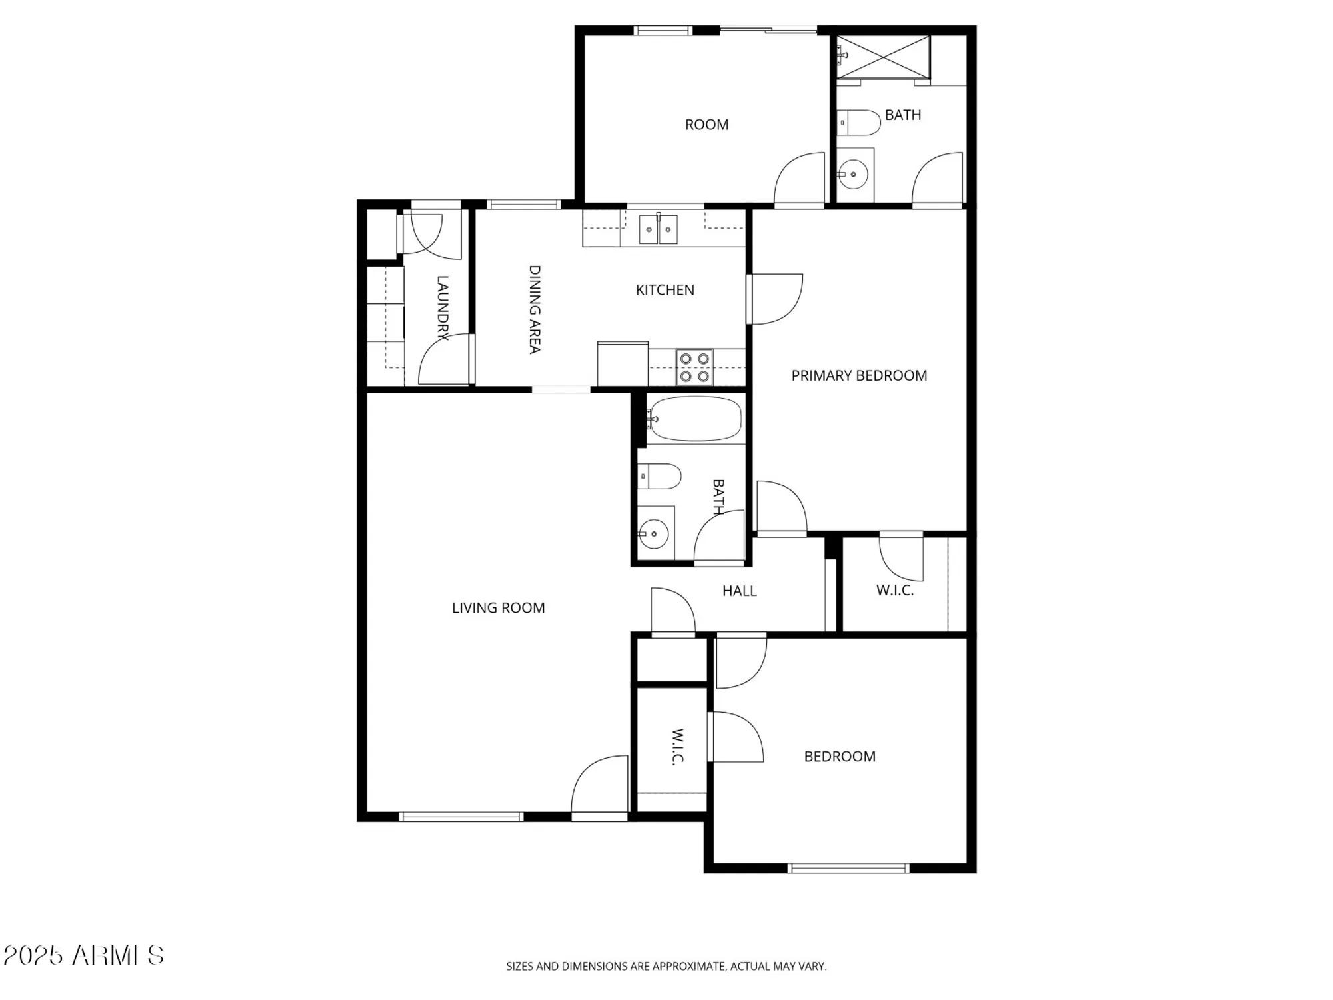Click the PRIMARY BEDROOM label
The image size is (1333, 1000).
click(x=859, y=375)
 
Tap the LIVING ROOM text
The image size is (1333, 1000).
click(x=498, y=607)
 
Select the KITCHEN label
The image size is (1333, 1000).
click(x=665, y=290)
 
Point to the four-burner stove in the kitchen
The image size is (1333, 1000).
click(x=694, y=367)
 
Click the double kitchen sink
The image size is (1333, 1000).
click(x=659, y=229)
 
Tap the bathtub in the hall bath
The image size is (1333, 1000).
click(x=695, y=419)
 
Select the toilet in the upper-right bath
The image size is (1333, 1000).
click(x=859, y=123)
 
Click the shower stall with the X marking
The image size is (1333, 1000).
click(x=883, y=57)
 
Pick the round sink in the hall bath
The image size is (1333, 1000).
click(x=654, y=534)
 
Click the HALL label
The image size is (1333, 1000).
click(x=739, y=591)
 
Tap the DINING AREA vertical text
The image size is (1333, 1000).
click(x=535, y=309)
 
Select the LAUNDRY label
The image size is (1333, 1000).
click(x=442, y=308)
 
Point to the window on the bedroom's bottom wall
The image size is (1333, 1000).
click(x=848, y=868)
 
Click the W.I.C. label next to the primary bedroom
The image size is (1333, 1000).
click(x=894, y=591)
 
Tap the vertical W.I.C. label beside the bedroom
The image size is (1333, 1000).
click(x=677, y=747)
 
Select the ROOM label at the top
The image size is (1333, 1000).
click(x=706, y=125)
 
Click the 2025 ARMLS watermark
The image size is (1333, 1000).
click(x=83, y=955)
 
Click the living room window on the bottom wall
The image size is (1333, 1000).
click(x=461, y=817)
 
